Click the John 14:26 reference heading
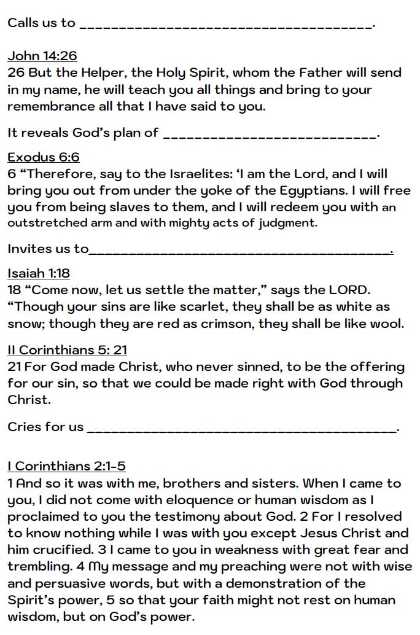coord(42,56)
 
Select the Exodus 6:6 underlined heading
coord(43,157)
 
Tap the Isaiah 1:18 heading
coord(38,273)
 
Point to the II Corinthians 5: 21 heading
coord(67,350)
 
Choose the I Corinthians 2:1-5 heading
coord(66,466)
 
